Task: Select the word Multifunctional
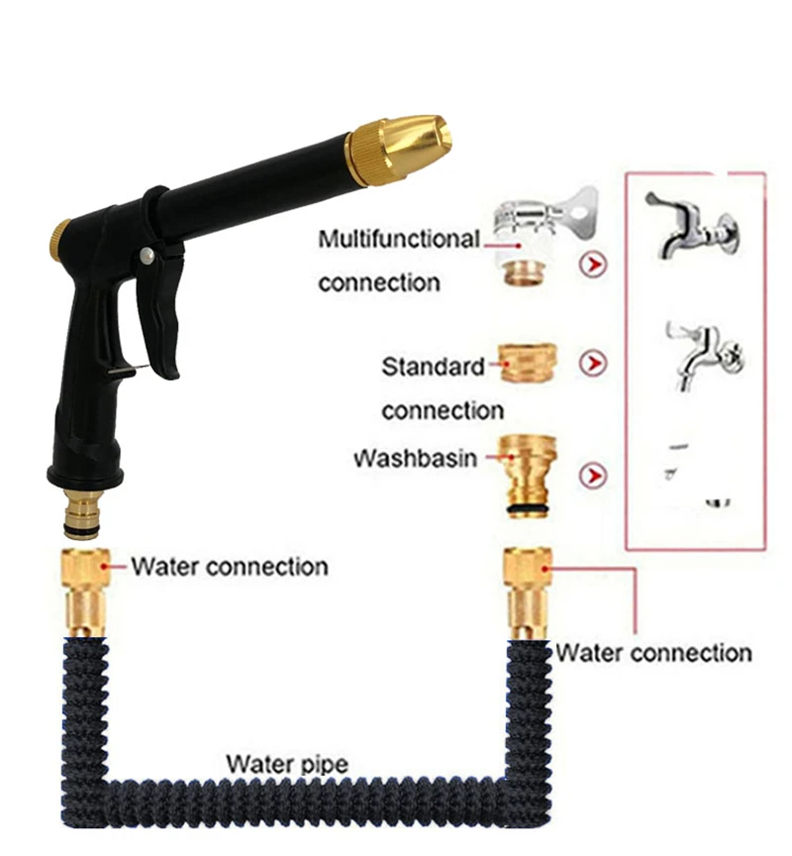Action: coord(398,239)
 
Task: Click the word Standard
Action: coord(434,367)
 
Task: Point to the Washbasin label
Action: coord(415,460)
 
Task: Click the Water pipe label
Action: coord(287,764)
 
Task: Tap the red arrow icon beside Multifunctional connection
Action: coord(593,266)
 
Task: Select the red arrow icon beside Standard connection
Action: coord(593,366)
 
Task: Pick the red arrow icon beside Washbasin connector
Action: coord(593,477)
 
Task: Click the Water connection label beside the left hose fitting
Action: coord(230,567)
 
